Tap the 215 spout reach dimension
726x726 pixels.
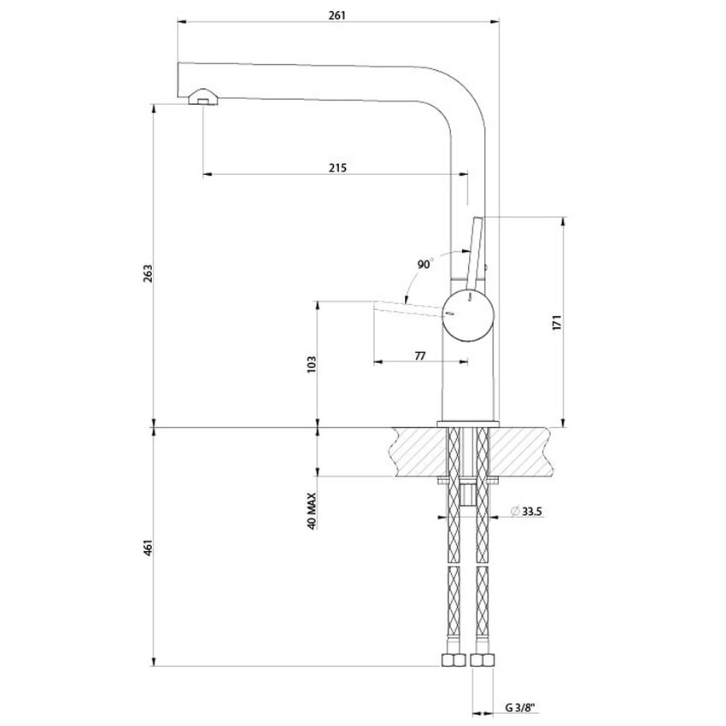(x=337, y=167)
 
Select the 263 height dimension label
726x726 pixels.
(x=147, y=273)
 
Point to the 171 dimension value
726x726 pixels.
(x=555, y=322)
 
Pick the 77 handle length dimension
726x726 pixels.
(x=419, y=355)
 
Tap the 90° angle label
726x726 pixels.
(x=425, y=264)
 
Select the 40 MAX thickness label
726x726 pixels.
(x=312, y=510)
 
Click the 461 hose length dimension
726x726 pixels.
(x=147, y=547)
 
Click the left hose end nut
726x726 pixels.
(x=453, y=661)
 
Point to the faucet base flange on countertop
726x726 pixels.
(x=468, y=424)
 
